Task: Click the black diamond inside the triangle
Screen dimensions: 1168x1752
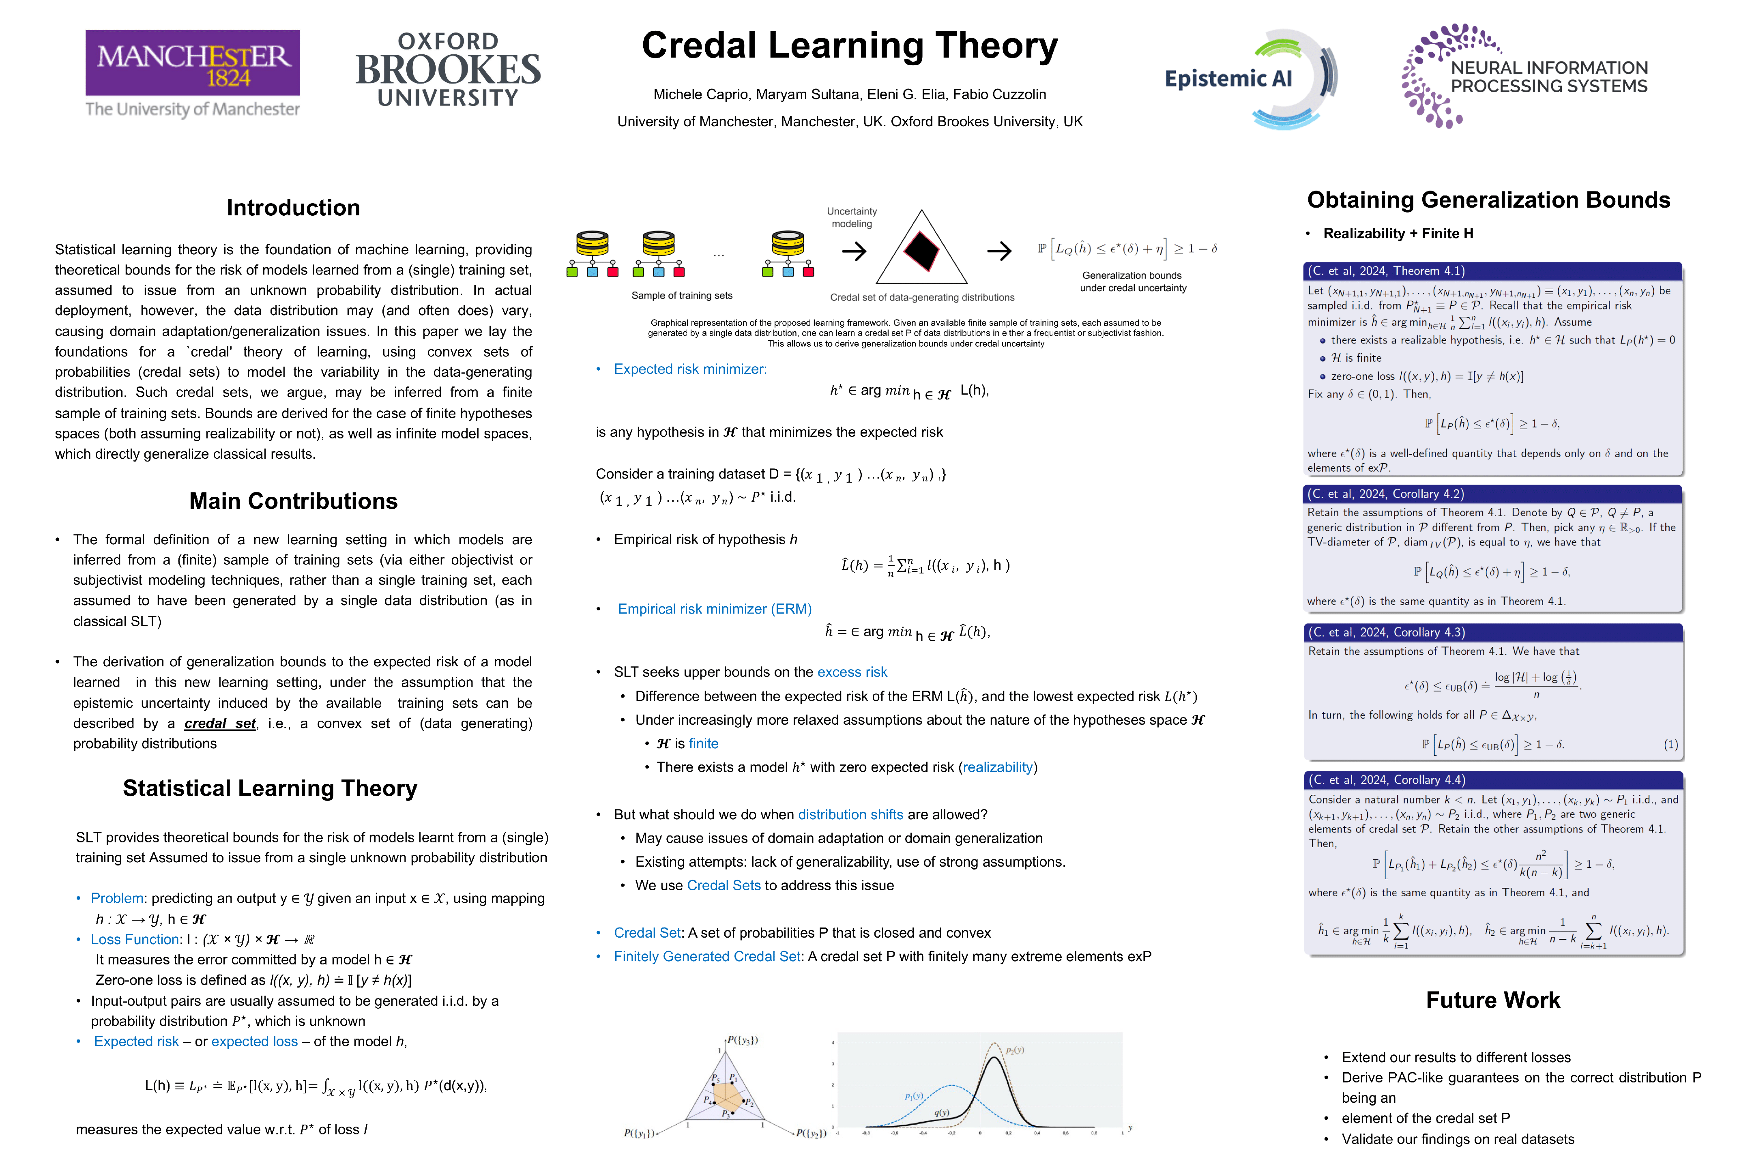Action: (x=921, y=251)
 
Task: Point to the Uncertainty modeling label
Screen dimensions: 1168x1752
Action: (x=851, y=217)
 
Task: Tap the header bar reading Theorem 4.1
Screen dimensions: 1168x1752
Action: (x=1492, y=271)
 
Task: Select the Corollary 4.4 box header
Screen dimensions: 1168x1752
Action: (x=1492, y=780)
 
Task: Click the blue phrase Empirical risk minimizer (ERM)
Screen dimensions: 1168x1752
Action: (x=714, y=609)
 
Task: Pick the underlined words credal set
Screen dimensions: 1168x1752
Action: (x=220, y=723)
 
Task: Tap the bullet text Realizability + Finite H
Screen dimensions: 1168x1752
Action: (x=1398, y=233)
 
